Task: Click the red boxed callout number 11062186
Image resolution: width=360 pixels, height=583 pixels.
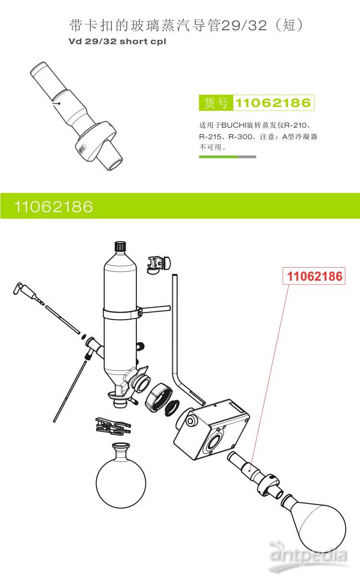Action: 315,276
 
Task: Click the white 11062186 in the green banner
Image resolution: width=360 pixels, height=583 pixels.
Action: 53,207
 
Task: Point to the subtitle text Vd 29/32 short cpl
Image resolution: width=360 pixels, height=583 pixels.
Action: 118,41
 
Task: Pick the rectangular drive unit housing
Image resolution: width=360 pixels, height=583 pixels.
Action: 211,429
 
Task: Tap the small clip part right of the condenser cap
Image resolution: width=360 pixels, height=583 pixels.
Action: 159,263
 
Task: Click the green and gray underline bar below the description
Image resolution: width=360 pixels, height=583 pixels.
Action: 228,156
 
